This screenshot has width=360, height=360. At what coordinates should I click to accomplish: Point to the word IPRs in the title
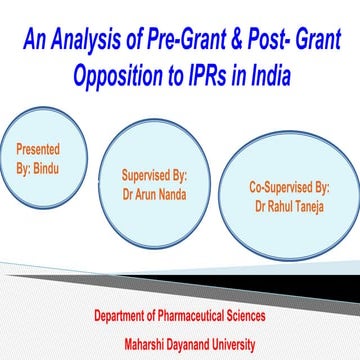pyautogui.click(x=222, y=75)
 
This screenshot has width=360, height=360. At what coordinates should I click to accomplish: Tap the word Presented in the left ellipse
pyautogui.click(x=37, y=149)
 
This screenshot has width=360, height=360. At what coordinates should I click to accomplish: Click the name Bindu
pyautogui.click(x=51, y=166)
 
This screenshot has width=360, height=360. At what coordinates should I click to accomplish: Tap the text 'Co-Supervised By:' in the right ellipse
pyautogui.click(x=288, y=186)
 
